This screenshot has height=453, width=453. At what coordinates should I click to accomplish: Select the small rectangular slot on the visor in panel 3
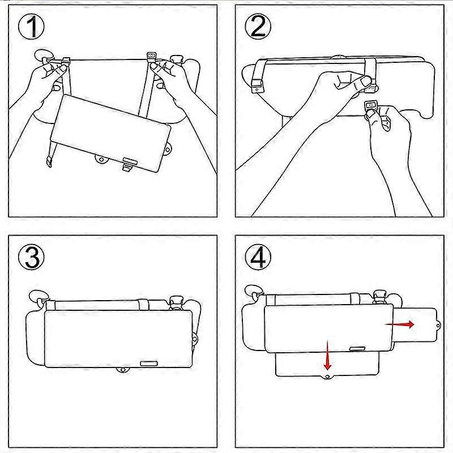click(149, 361)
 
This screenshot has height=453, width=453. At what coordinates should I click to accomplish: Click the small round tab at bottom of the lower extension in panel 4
click(327, 376)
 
